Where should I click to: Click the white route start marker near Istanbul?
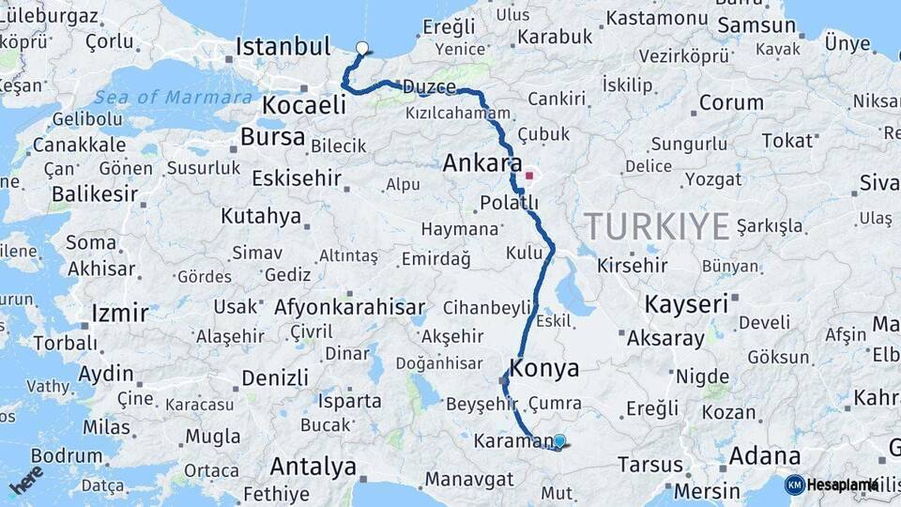(x=362, y=47)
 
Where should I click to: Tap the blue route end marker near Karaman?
(x=559, y=440)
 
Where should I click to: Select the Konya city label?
(x=544, y=368)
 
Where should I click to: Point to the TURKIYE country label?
(x=656, y=226)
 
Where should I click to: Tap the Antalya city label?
(x=313, y=466)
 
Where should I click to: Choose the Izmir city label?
(x=120, y=313)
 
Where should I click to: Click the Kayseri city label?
(x=686, y=304)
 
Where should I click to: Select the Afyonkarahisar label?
(x=350, y=307)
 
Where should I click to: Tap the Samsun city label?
(x=742, y=25)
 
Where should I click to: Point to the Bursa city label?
(x=272, y=137)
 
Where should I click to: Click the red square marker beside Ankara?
(x=529, y=175)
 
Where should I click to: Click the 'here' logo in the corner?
(x=25, y=479)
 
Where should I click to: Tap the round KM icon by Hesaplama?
(x=794, y=484)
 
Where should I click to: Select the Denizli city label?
(x=275, y=378)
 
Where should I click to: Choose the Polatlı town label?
(x=509, y=203)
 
